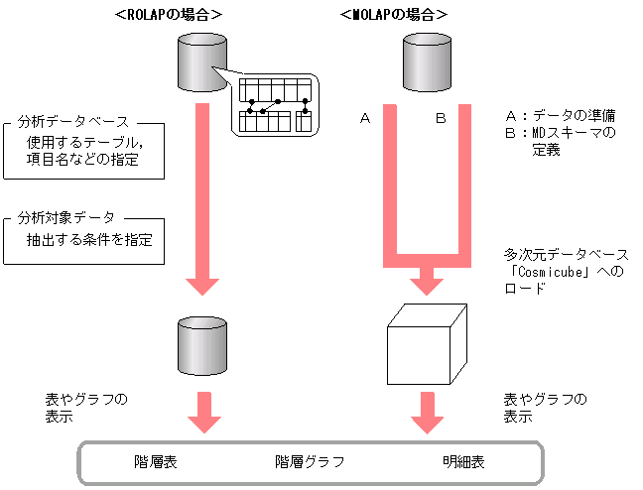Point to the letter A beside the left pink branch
click(364, 119)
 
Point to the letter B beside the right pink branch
click(442, 119)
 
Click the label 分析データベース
click(73, 122)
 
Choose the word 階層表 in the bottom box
click(155, 461)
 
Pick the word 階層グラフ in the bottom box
click(310, 461)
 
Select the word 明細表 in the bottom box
click(463, 461)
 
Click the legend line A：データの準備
click(561, 114)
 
